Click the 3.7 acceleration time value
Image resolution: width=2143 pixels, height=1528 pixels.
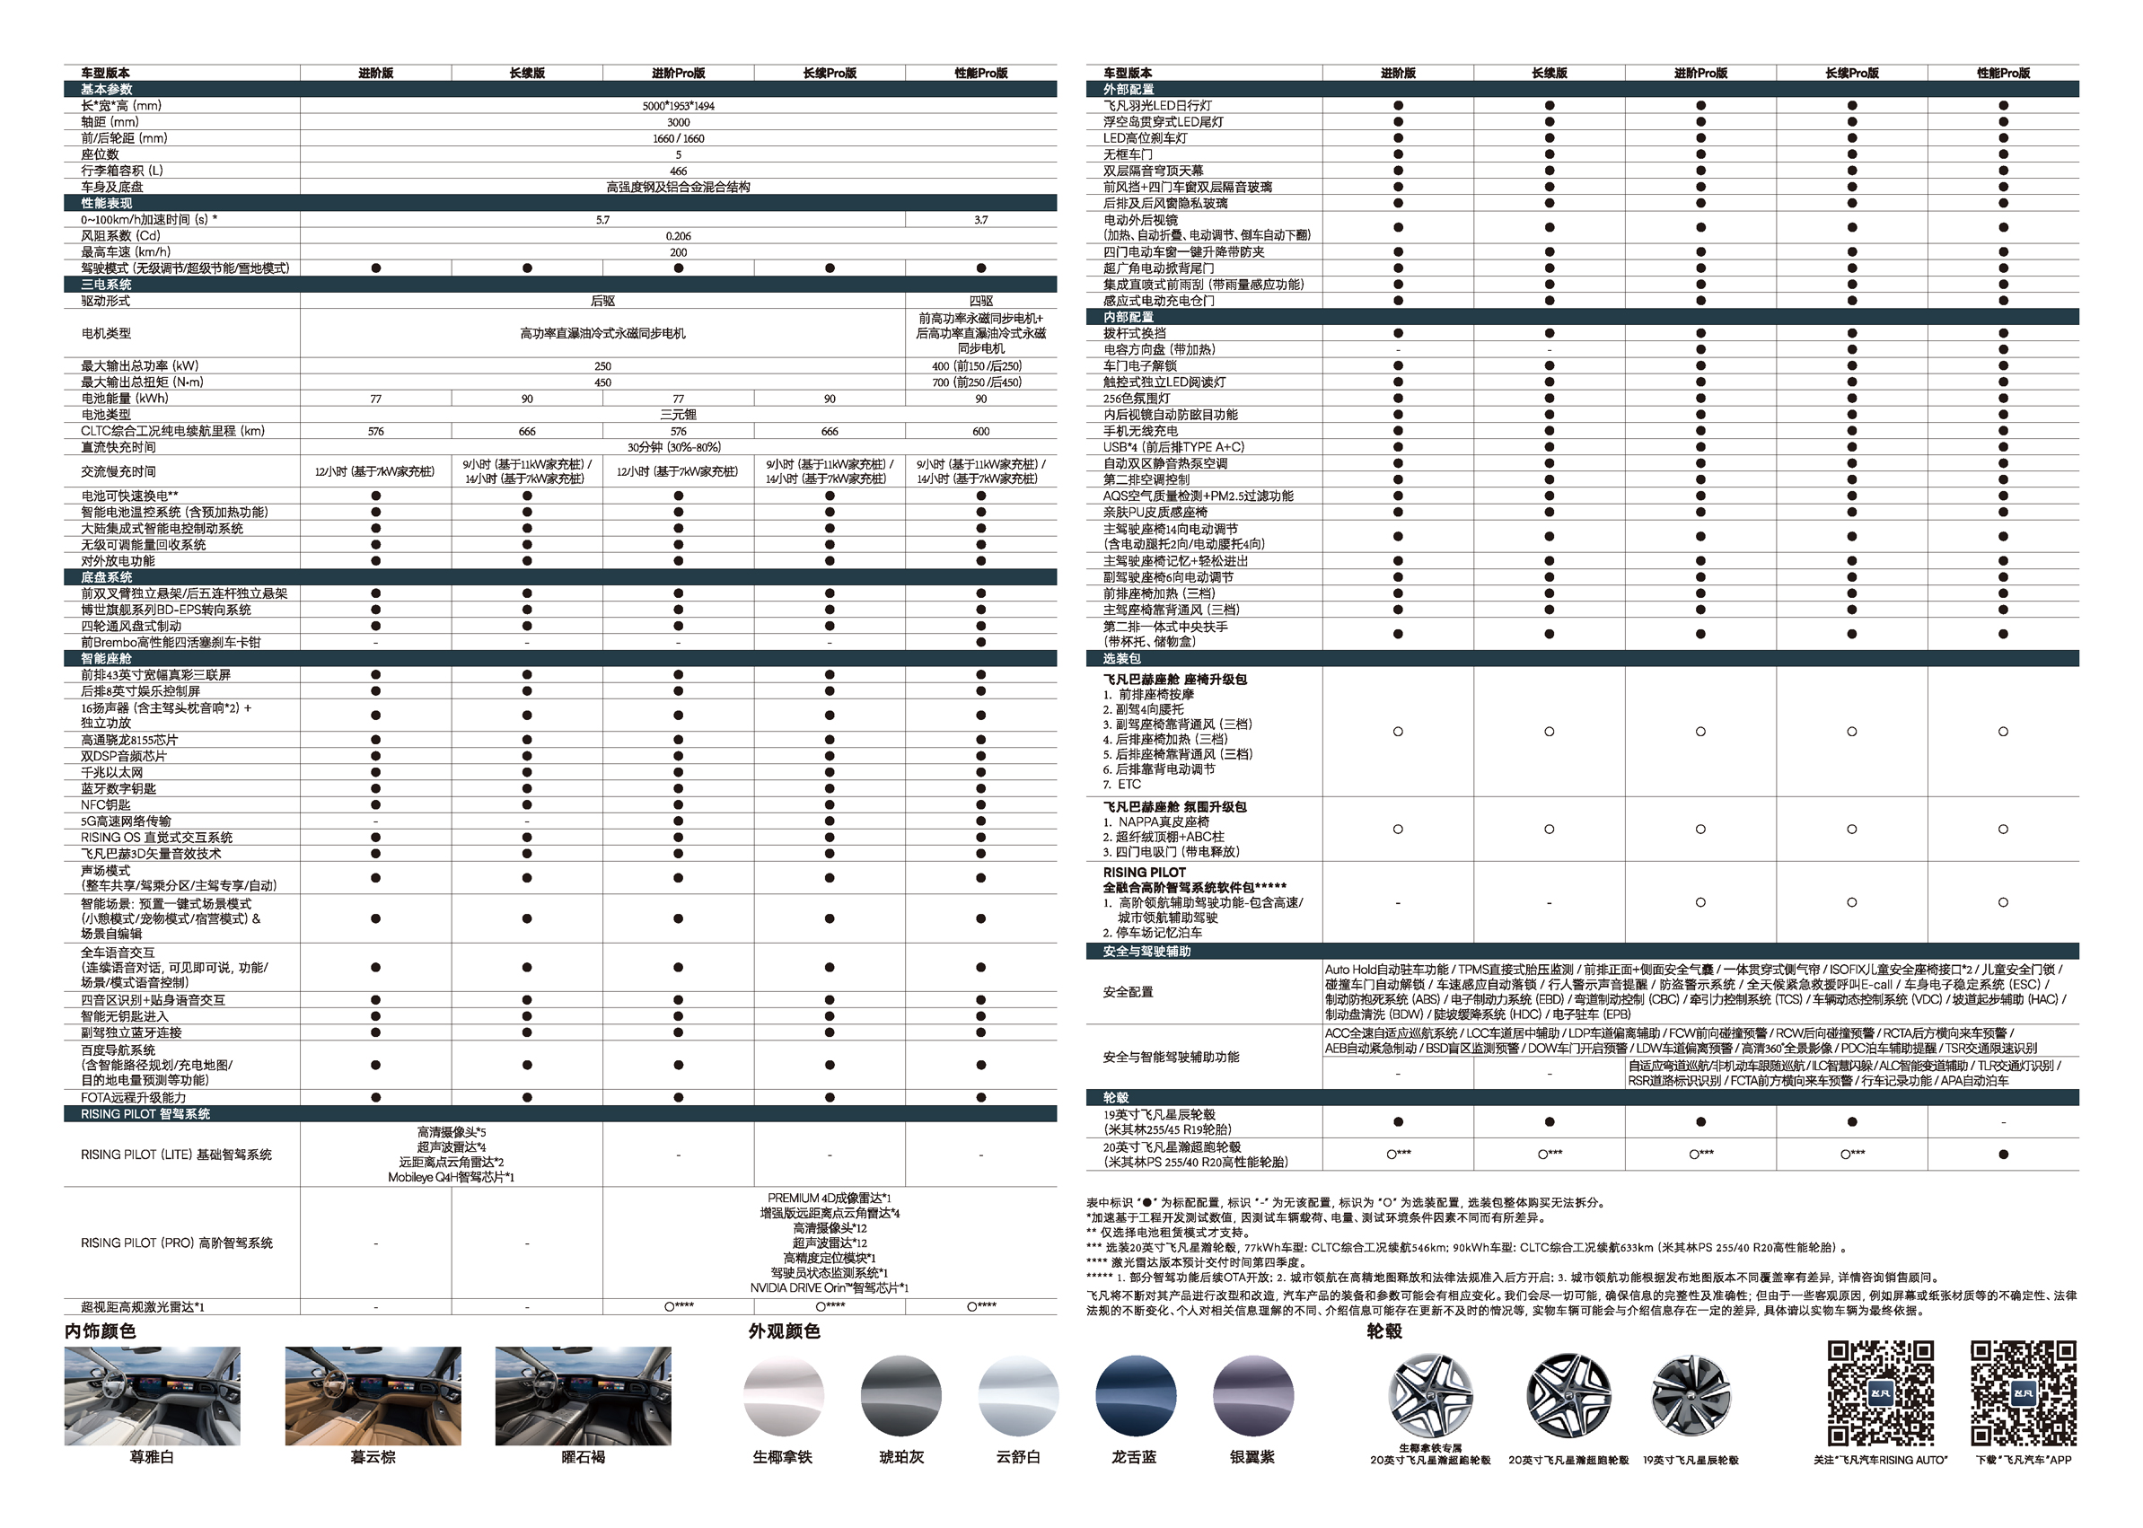point(980,220)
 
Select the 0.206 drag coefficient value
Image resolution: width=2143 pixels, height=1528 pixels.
point(677,236)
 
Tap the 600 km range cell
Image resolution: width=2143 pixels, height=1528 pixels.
point(980,432)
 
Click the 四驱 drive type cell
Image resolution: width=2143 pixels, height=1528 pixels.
point(980,301)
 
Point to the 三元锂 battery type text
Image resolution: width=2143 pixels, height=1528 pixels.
point(677,415)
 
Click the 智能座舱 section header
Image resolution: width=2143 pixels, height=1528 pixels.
point(106,659)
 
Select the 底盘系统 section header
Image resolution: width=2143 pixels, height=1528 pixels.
point(106,577)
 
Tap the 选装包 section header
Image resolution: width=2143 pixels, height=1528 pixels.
point(1121,659)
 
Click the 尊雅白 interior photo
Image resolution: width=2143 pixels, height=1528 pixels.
point(153,1395)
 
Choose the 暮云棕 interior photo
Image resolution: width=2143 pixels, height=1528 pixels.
point(373,1395)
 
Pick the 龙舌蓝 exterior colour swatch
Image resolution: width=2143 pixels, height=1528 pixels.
point(1135,1396)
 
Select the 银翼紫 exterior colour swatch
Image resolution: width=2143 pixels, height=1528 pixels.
point(1252,1396)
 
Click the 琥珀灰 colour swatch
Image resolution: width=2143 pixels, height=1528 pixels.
point(900,1396)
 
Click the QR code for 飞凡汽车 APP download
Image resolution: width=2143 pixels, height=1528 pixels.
point(2023,1392)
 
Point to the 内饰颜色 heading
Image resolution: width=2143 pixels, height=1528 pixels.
point(101,1331)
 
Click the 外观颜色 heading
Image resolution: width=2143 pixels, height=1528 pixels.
point(784,1331)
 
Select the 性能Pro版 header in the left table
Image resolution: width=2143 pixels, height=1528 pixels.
point(980,74)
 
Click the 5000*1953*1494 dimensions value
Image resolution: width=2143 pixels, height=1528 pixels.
point(677,106)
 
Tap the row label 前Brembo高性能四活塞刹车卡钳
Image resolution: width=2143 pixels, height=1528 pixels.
point(171,643)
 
